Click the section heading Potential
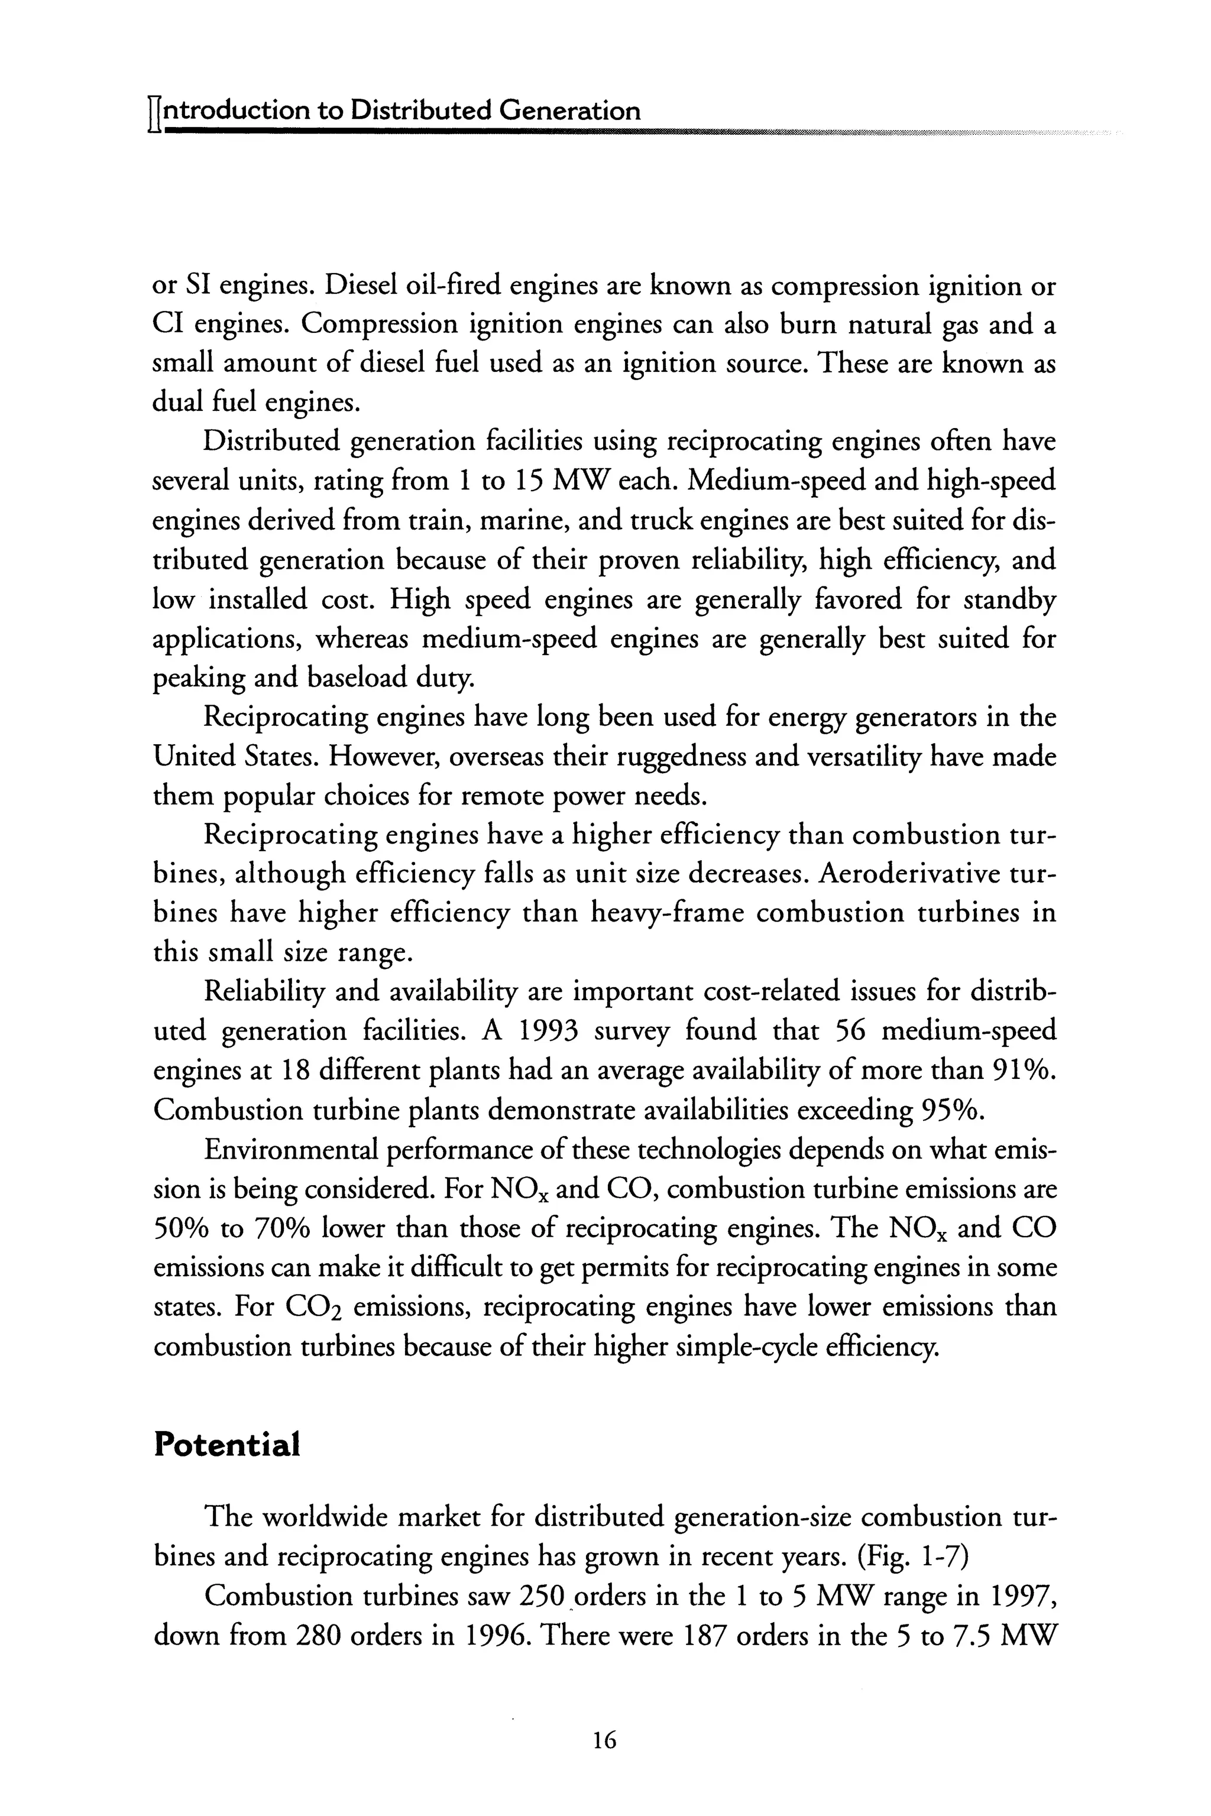(226, 1445)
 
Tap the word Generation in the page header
(569, 111)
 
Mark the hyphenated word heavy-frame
(667, 913)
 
